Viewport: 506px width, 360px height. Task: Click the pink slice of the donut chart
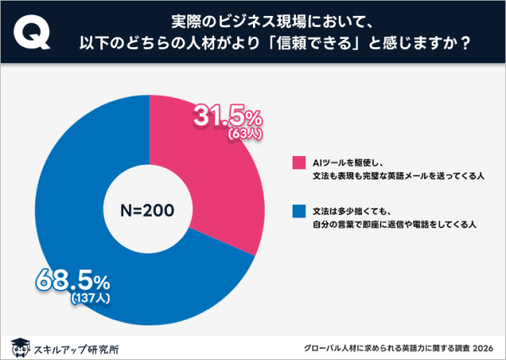211,185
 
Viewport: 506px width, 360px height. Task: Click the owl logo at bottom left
19,346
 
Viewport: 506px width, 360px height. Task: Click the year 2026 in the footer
481,347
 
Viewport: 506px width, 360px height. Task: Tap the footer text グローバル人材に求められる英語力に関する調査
385,347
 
